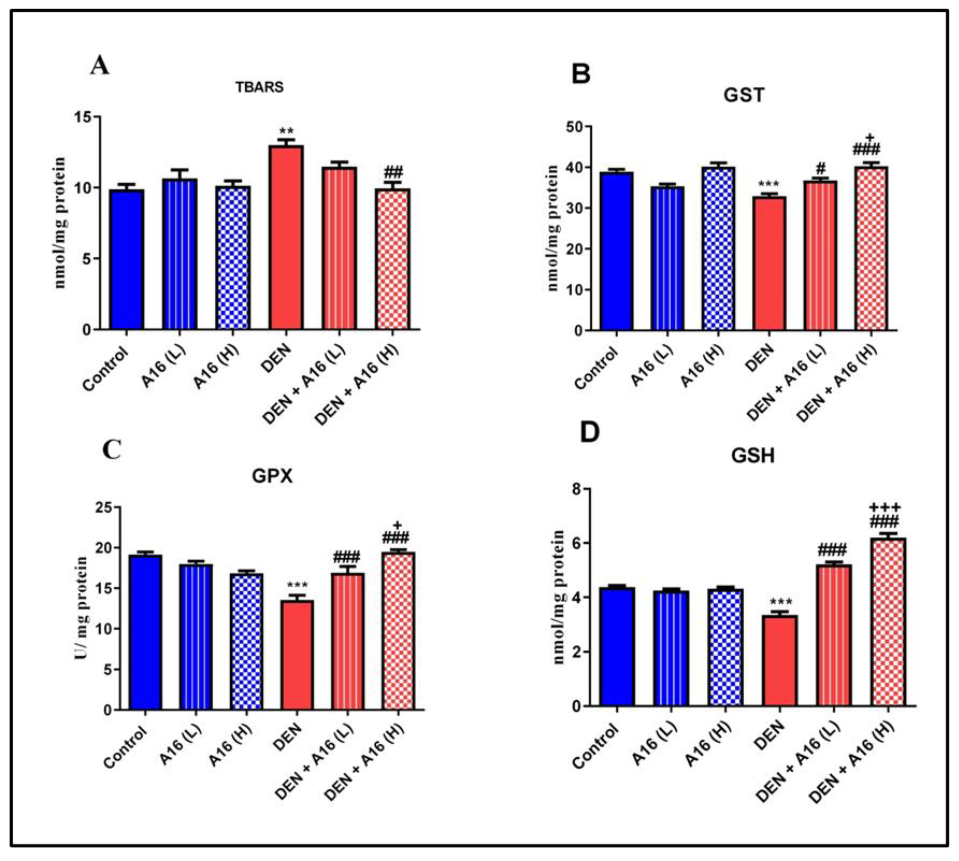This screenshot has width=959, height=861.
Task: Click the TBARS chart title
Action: point(260,88)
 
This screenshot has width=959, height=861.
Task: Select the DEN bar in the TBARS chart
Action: point(286,237)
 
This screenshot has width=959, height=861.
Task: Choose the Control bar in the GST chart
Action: point(616,251)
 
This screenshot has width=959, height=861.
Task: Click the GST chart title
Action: point(744,96)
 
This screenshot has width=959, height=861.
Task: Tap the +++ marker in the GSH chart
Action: point(885,508)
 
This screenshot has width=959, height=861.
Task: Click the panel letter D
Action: point(589,433)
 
